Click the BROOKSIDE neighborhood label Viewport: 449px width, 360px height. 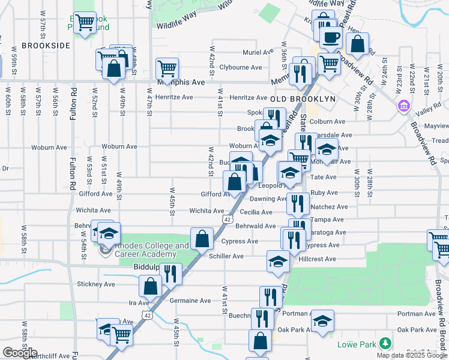(x=46, y=45)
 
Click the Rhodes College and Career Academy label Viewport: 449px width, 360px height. (x=151, y=250)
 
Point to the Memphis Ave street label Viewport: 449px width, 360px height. (x=181, y=82)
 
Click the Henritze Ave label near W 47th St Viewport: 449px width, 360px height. (x=174, y=97)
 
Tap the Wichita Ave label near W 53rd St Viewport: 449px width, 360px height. (x=93, y=211)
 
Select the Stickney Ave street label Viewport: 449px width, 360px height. (x=95, y=284)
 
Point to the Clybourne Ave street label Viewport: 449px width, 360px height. (x=241, y=67)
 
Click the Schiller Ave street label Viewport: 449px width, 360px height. (x=226, y=256)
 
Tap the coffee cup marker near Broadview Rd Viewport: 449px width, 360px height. (x=330, y=38)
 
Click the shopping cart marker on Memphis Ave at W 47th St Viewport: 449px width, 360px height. (x=166, y=67)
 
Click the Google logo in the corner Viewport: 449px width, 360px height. (x=20, y=353)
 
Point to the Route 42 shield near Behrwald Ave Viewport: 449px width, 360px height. (x=226, y=220)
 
